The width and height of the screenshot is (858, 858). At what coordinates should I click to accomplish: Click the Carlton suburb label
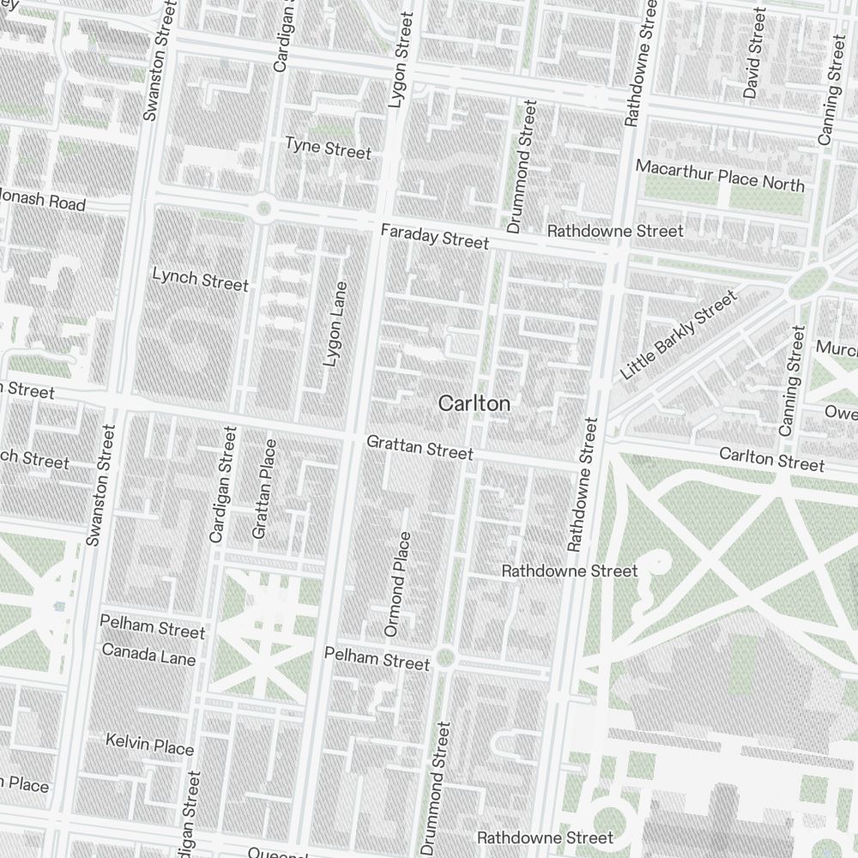(x=474, y=403)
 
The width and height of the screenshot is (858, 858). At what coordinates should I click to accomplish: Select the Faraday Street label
(x=435, y=236)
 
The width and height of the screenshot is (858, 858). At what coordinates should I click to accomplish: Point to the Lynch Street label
(x=200, y=280)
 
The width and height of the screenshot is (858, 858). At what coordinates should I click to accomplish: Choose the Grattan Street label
(x=420, y=447)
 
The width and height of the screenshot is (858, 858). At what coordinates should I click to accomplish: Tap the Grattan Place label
(x=264, y=489)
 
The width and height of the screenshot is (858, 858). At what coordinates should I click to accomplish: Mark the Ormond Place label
(x=398, y=583)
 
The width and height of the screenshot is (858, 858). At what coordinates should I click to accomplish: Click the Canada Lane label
(x=148, y=655)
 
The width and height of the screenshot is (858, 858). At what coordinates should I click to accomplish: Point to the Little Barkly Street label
(x=678, y=335)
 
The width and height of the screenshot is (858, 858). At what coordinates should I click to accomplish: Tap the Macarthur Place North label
(x=720, y=175)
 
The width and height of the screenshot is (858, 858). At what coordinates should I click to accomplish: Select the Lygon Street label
(x=400, y=60)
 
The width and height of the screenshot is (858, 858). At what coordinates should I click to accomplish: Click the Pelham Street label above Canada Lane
(x=153, y=628)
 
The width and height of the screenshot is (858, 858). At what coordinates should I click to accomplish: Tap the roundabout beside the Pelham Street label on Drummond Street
(x=444, y=658)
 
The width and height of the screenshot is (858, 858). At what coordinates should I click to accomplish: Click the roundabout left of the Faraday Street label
(x=263, y=207)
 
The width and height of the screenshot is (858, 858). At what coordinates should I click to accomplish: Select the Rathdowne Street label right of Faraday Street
(x=615, y=231)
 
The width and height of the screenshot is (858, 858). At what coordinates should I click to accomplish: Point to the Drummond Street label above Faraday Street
(x=522, y=167)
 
